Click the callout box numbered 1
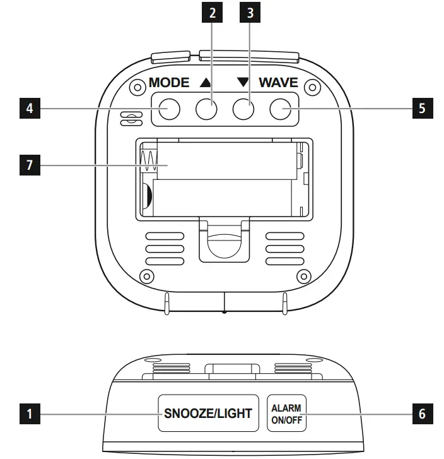pos(27,414)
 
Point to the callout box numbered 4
pos(27,109)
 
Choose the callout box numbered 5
pos(422,109)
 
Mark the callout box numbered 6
pos(422,414)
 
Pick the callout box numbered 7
pos(27,167)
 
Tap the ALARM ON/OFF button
pos(287,414)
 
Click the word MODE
pos(168,83)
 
